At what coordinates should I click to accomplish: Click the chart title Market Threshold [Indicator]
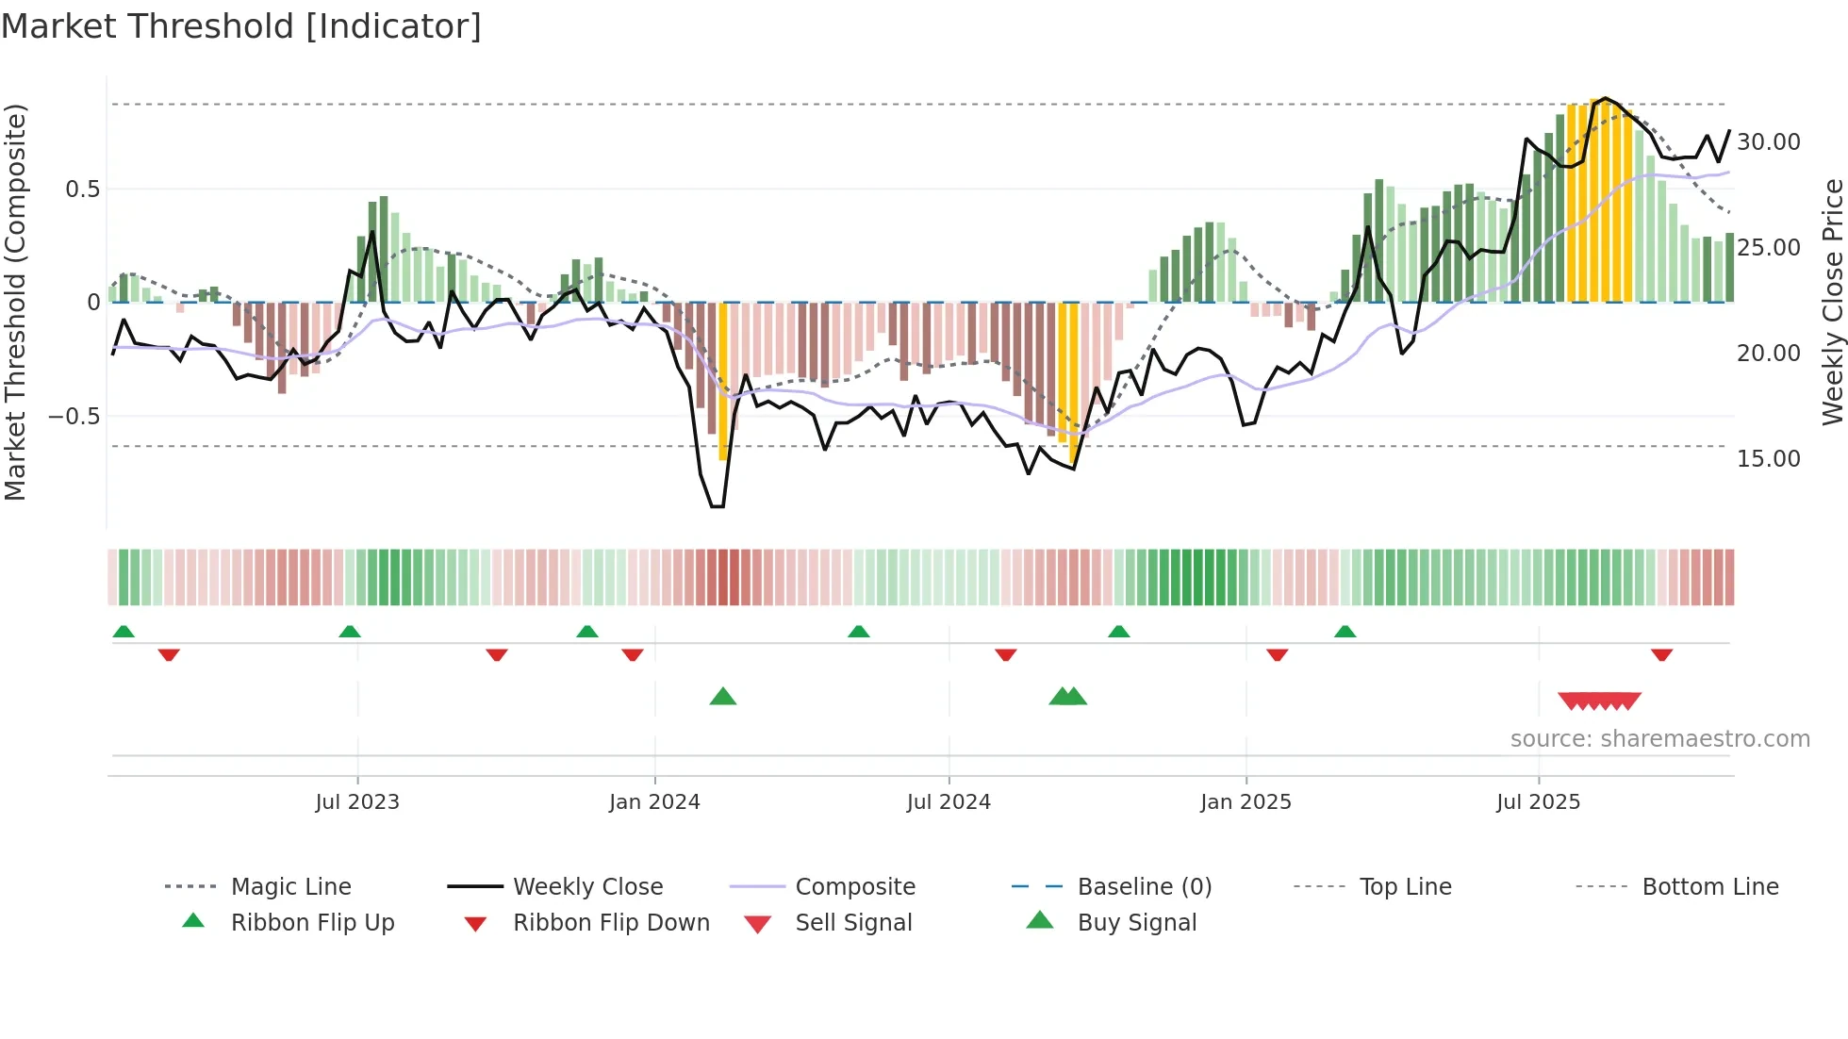[241, 26]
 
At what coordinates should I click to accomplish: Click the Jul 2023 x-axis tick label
[357, 802]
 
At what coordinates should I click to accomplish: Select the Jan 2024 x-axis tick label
[654, 802]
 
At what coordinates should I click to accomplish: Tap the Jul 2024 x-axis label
[949, 802]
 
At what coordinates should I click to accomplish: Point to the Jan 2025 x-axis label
[1246, 802]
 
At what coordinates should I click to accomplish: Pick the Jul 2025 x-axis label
[1538, 802]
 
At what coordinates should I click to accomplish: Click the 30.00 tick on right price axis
[1769, 142]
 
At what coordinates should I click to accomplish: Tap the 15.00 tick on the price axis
[1769, 459]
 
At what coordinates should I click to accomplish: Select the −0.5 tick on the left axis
[74, 417]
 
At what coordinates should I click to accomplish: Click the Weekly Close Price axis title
[1832, 302]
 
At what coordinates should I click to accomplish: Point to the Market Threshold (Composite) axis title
[15, 302]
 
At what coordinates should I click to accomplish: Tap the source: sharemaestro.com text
[1659, 739]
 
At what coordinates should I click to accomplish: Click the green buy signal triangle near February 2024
[723, 697]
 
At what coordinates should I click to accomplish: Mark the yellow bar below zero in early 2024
[723, 382]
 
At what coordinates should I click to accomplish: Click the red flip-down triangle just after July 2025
[1661, 654]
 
